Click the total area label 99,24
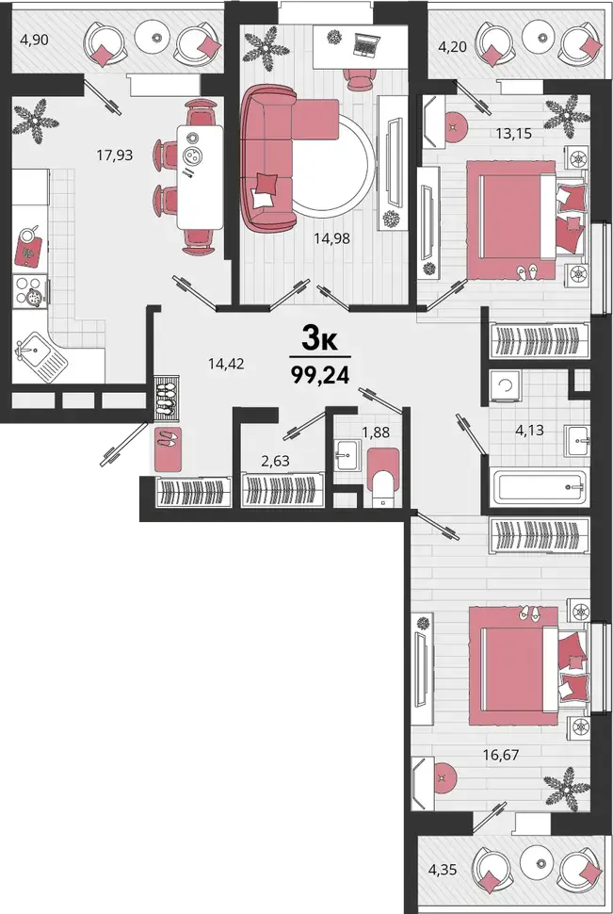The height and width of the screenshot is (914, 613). [x=320, y=375]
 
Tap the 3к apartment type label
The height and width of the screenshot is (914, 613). [x=319, y=337]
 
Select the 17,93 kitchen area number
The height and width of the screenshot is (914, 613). [x=115, y=155]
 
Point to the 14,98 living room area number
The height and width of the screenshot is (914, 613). [x=331, y=237]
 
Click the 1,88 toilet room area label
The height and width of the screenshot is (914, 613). [x=376, y=433]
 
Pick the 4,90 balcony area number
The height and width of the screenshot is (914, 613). [x=34, y=41]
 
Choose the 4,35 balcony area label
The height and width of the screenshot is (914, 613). [x=443, y=871]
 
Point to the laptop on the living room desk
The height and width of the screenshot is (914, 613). [x=366, y=45]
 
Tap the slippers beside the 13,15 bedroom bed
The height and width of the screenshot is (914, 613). [x=529, y=271]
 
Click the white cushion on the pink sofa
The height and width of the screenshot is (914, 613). [x=263, y=198]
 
